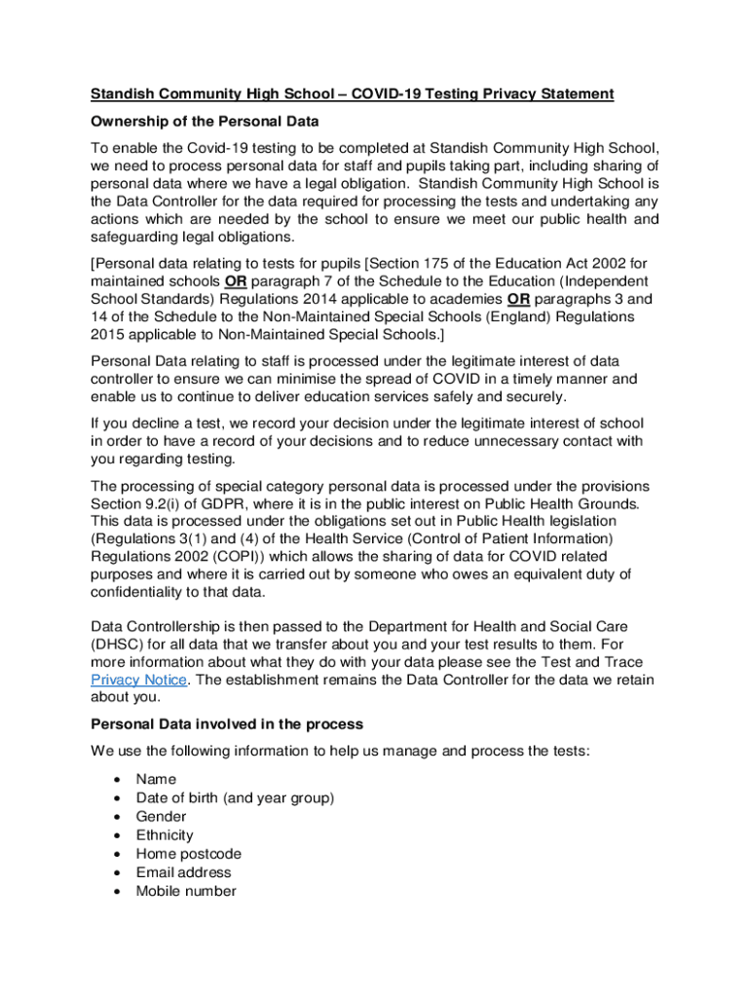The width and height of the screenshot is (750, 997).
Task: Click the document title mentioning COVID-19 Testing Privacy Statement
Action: (353, 93)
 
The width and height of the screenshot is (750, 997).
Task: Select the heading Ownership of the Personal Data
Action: (205, 122)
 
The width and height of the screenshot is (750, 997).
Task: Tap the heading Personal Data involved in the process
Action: (226, 724)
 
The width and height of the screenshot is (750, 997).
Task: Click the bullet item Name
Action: (156, 779)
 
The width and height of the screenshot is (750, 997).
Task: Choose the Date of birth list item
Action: (235, 797)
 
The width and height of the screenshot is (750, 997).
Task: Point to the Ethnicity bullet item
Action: (165, 835)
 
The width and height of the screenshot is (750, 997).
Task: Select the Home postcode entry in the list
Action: (189, 854)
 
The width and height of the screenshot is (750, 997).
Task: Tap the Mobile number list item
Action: (186, 891)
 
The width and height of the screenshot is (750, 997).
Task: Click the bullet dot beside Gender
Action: (117, 817)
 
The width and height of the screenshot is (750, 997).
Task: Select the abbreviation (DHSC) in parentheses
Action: (118, 643)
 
